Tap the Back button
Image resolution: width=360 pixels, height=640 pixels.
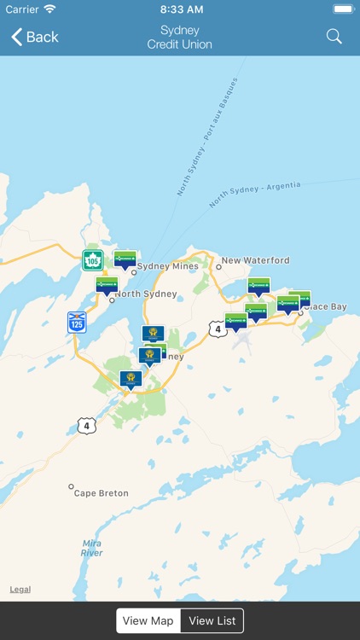pyautogui.click(x=35, y=37)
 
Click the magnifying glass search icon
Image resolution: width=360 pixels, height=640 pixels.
pyautogui.click(x=334, y=37)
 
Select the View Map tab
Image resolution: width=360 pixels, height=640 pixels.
pyautogui.click(x=148, y=620)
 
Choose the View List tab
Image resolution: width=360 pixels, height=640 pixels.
pyautogui.click(x=212, y=620)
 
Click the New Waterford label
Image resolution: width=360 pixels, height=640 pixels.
pyautogui.click(x=255, y=260)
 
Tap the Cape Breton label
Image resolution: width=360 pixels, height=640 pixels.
pyautogui.click(x=101, y=493)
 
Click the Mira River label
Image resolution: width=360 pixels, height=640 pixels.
pyautogui.click(x=92, y=548)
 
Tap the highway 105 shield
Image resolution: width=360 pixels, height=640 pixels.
pyautogui.click(x=92, y=260)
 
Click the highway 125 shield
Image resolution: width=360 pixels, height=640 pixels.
pyautogui.click(x=77, y=322)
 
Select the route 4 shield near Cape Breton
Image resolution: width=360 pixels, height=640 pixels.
pyautogui.click(x=85, y=425)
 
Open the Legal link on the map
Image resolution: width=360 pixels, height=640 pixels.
pyautogui.click(x=20, y=590)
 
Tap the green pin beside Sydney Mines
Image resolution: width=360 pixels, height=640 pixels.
pyautogui.click(x=125, y=259)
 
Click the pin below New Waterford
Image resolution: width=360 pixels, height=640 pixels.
pyautogui.click(x=258, y=286)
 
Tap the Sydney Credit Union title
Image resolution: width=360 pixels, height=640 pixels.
pyautogui.click(x=179, y=37)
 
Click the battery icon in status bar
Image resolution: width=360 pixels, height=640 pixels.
pyautogui.click(x=343, y=9)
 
